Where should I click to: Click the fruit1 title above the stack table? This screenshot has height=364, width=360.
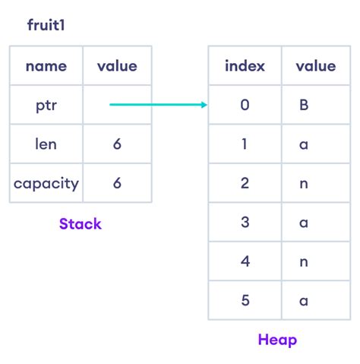[x=46, y=25]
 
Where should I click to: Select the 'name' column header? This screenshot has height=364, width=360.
[x=46, y=66]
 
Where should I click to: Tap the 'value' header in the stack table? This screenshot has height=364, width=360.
[x=117, y=66]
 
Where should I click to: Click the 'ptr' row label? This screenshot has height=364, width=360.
[x=46, y=106]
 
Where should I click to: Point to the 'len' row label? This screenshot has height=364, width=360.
[x=46, y=144]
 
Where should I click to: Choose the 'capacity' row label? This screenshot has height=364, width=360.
[x=46, y=184]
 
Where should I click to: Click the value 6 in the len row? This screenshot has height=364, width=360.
[x=117, y=144]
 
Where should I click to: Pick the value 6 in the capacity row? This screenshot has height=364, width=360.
[x=117, y=183]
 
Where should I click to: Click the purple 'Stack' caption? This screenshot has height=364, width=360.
[x=81, y=223]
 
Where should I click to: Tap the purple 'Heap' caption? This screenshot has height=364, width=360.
[x=277, y=340]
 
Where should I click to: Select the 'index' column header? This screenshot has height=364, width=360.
[x=245, y=65]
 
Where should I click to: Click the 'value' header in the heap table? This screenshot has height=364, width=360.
[x=316, y=66]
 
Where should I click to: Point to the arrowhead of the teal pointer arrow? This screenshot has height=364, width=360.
[x=207, y=105]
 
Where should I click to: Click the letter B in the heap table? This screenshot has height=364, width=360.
[x=304, y=105]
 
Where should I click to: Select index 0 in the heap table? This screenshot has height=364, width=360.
[x=245, y=105]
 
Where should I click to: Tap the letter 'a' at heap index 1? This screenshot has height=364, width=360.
[x=304, y=144]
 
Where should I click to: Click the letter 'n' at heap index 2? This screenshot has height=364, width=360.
[x=304, y=184]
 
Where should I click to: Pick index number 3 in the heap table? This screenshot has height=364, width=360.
[x=245, y=222]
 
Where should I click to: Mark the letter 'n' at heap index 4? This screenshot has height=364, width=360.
[x=304, y=262]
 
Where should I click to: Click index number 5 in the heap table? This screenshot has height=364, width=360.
[x=245, y=300]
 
